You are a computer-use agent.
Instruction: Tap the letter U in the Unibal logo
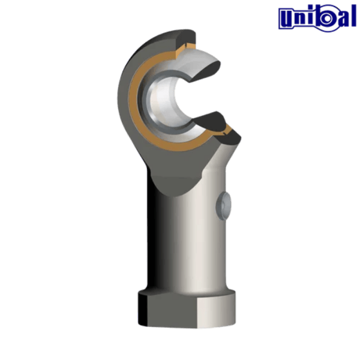pos(285,17)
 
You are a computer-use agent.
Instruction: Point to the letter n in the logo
pos(298,19)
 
